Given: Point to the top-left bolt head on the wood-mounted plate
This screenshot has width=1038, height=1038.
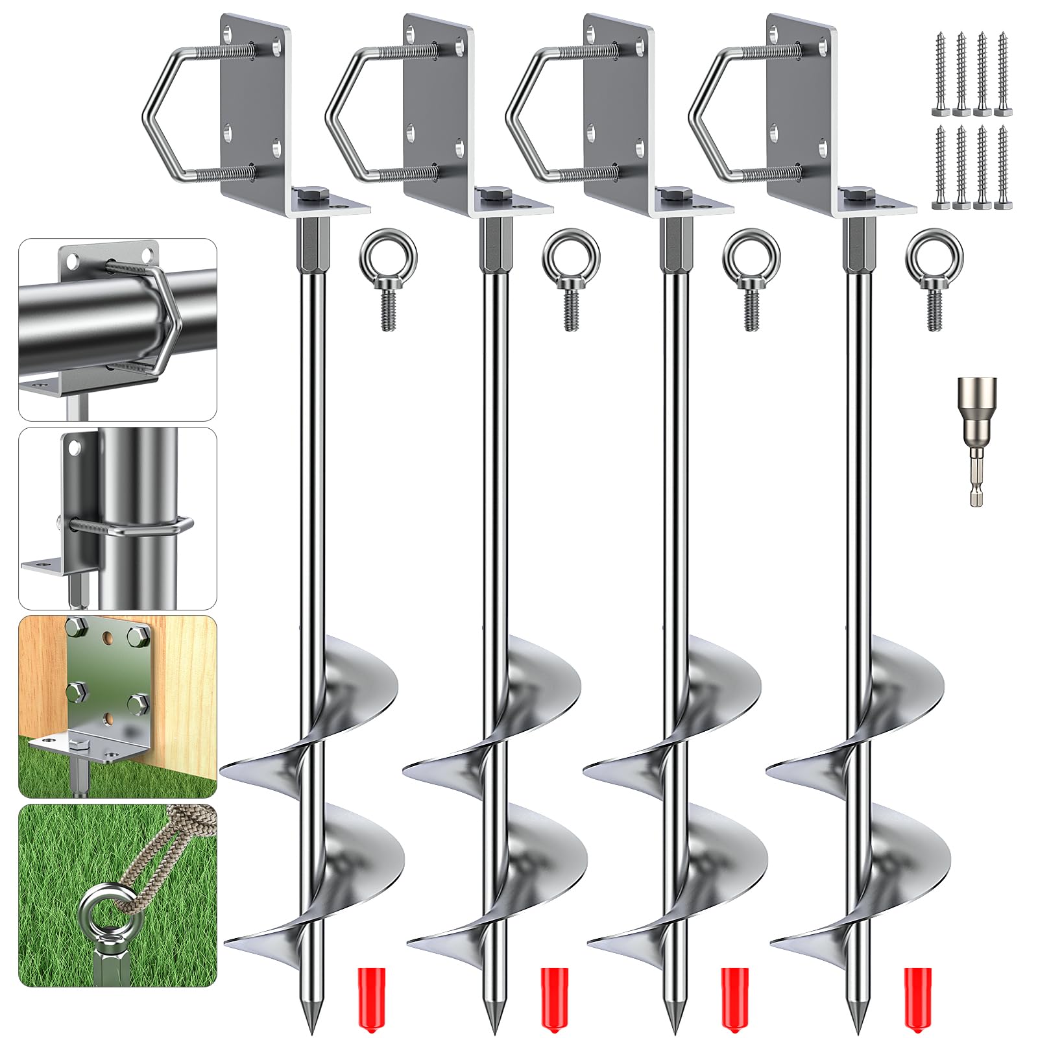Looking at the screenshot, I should point(78,627).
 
